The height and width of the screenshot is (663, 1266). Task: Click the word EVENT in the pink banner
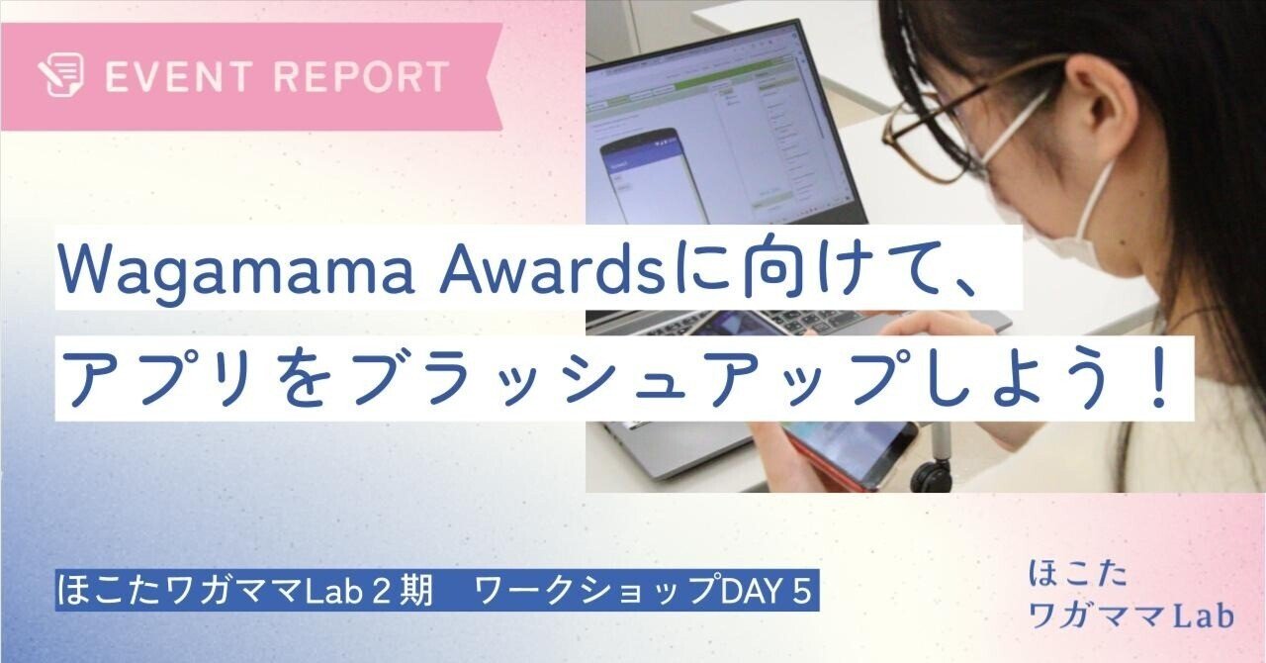[x=178, y=76]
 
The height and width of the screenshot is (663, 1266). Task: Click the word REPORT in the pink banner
[x=362, y=76]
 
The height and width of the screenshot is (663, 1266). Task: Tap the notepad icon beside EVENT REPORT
[x=61, y=75]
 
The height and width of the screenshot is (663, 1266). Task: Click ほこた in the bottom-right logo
[x=1078, y=575]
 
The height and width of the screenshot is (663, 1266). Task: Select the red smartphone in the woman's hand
[x=848, y=451]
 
